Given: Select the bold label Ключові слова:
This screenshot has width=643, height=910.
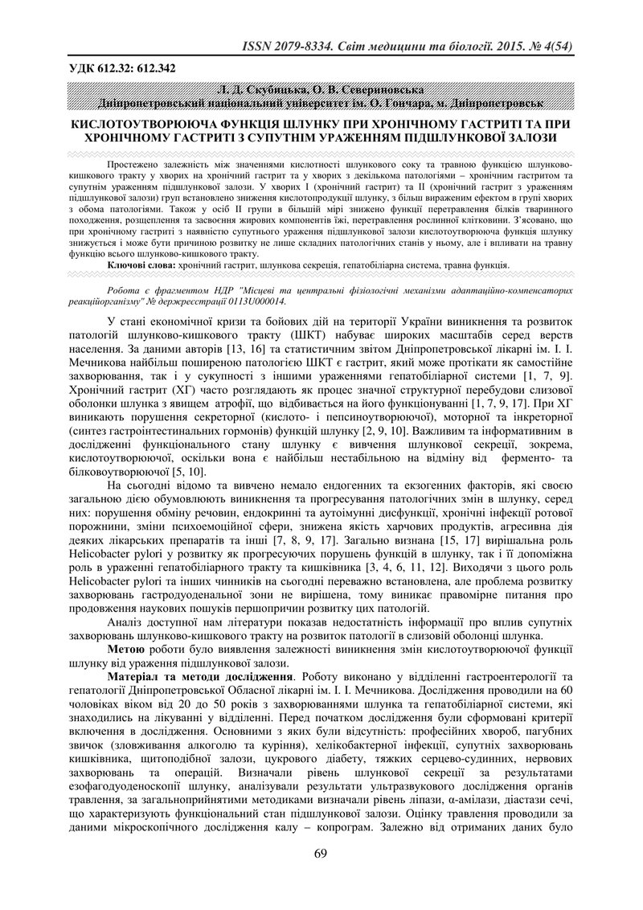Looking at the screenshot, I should coord(141,264).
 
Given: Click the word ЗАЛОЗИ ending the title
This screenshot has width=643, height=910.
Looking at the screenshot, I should coord(528,137).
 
